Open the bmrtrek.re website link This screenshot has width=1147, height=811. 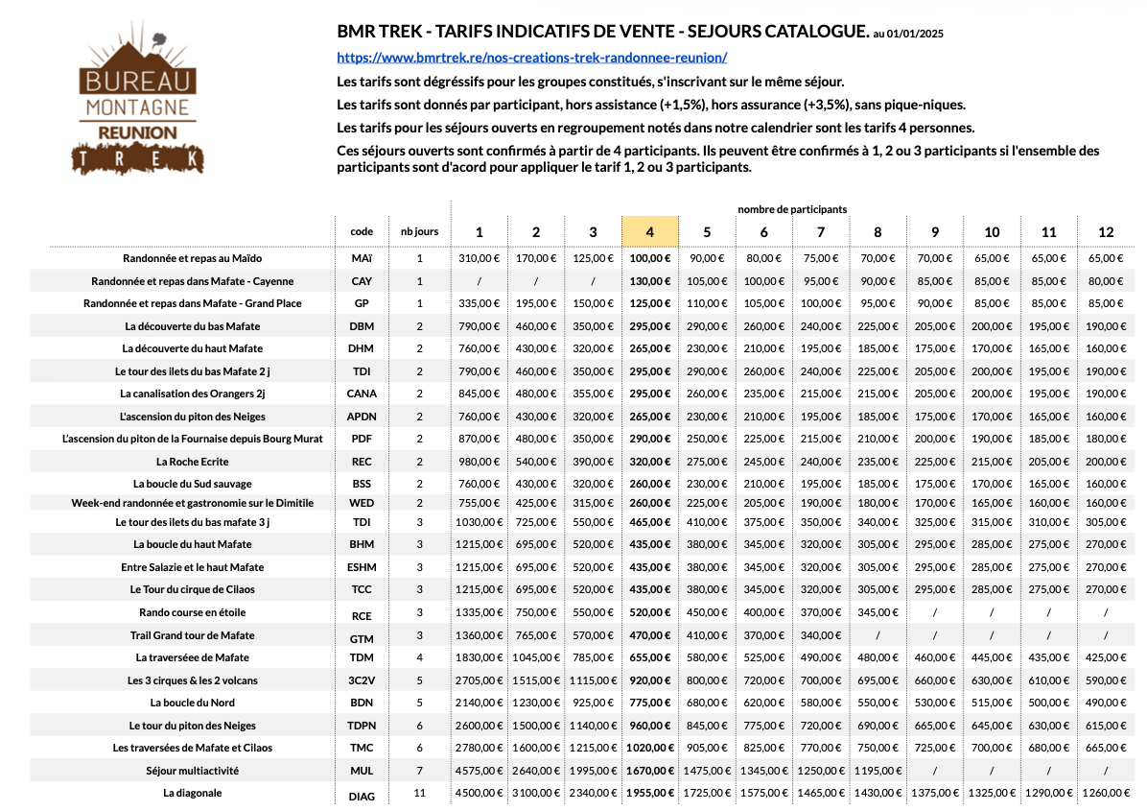532,57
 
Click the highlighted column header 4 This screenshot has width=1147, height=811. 649,231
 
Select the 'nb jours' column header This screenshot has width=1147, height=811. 419,231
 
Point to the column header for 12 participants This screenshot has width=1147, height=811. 1106,231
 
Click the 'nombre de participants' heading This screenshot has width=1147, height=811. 792,208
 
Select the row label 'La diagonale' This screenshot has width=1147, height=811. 192,793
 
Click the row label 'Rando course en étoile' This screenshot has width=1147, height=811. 192,612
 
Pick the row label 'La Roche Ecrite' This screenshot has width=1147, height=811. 192,461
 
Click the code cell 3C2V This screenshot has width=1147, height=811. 362,680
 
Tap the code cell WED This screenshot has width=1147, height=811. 362,503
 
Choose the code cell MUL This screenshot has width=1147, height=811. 362,771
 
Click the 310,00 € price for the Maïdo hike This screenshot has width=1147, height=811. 480,258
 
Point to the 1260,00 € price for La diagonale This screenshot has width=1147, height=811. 1106,793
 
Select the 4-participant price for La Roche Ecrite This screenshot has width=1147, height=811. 649,461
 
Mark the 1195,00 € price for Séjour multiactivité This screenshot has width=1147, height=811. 878,771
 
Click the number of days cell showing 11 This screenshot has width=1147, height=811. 419,793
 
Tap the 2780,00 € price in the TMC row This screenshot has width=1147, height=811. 480,748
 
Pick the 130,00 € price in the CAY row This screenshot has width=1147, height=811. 649,281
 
